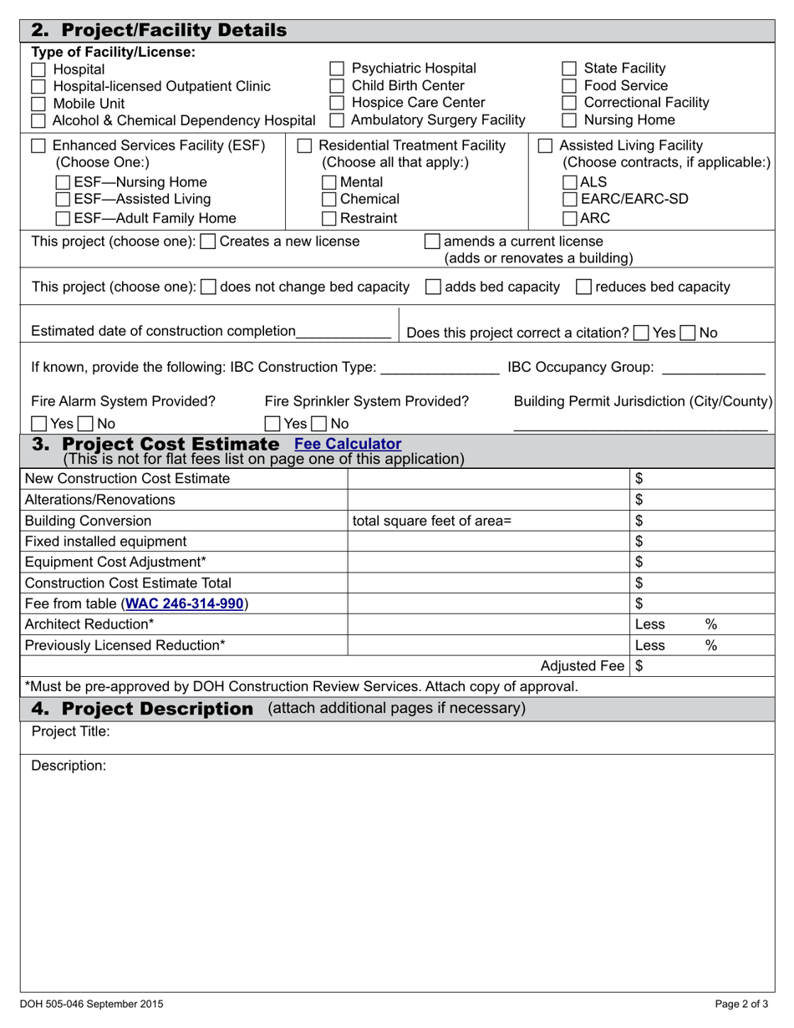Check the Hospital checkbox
click(x=38, y=69)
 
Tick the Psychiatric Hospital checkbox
click(x=337, y=69)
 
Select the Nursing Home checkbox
click(x=568, y=120)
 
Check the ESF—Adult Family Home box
click(x=63, y=219)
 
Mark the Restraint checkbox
click(x=329, y=219)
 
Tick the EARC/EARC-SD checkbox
click(x=569, y=200)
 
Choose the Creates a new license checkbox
click(x=208, y=242)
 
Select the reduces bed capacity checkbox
click(x=585, y=288)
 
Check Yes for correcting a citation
click(x=641, y=333)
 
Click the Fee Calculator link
click(x=348, y=444)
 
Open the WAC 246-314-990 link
click(x=184, y=603)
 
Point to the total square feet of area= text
click(x=431, y=521)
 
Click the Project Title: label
click(x=70, y=732)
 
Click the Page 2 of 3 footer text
click(x=741, y=1005)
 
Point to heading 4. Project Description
click(x=142, y=709)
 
